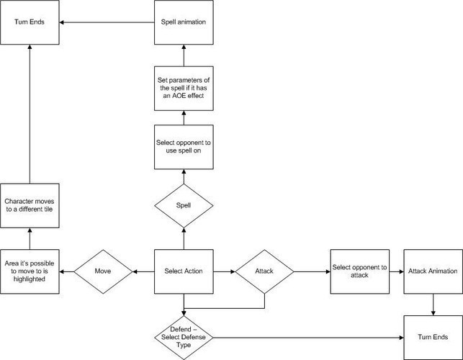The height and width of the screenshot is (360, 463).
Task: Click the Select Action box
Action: [x=183, y=271]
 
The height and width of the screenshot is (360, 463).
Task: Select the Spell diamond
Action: [x=183, y=206]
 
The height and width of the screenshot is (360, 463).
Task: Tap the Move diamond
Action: [x=102, y=271]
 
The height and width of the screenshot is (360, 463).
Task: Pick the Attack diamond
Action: [x=264, y=271]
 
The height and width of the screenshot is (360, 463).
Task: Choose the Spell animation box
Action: [x=183, y=23]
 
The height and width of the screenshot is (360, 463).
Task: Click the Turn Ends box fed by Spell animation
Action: [x=30, y=23]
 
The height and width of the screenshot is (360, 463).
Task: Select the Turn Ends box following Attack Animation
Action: [x=432, y=337]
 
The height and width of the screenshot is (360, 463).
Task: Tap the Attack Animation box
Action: [x=432, y=271]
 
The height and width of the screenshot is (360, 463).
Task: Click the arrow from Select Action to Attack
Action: [x=222, y=271]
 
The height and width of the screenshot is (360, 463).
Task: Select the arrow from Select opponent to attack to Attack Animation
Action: [x=395, y=271]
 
